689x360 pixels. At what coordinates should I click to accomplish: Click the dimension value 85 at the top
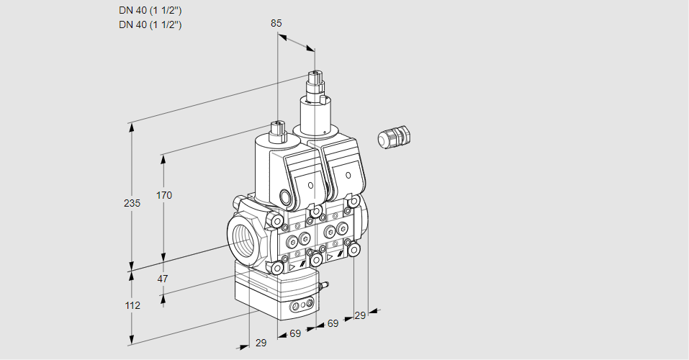[x=276, y=23]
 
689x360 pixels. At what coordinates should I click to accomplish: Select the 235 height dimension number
[x=132, y=203]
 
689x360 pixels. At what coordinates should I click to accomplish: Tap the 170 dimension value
[x=164, y=195]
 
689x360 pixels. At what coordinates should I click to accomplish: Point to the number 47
[x=163, y=279]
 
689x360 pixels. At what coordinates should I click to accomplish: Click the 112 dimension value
[x=132, y=305]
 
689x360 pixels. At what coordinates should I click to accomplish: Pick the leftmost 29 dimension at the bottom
[x=261, y=343]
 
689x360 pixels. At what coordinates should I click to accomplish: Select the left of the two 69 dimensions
[x=295, y=333]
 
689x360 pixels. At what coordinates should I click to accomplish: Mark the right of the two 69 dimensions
[x=333, y=323]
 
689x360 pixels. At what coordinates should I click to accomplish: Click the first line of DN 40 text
[x=150, y=11]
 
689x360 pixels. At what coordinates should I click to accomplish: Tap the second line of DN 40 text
[x=150, y=24]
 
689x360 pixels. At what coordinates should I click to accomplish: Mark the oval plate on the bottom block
[x=301, y=307]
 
